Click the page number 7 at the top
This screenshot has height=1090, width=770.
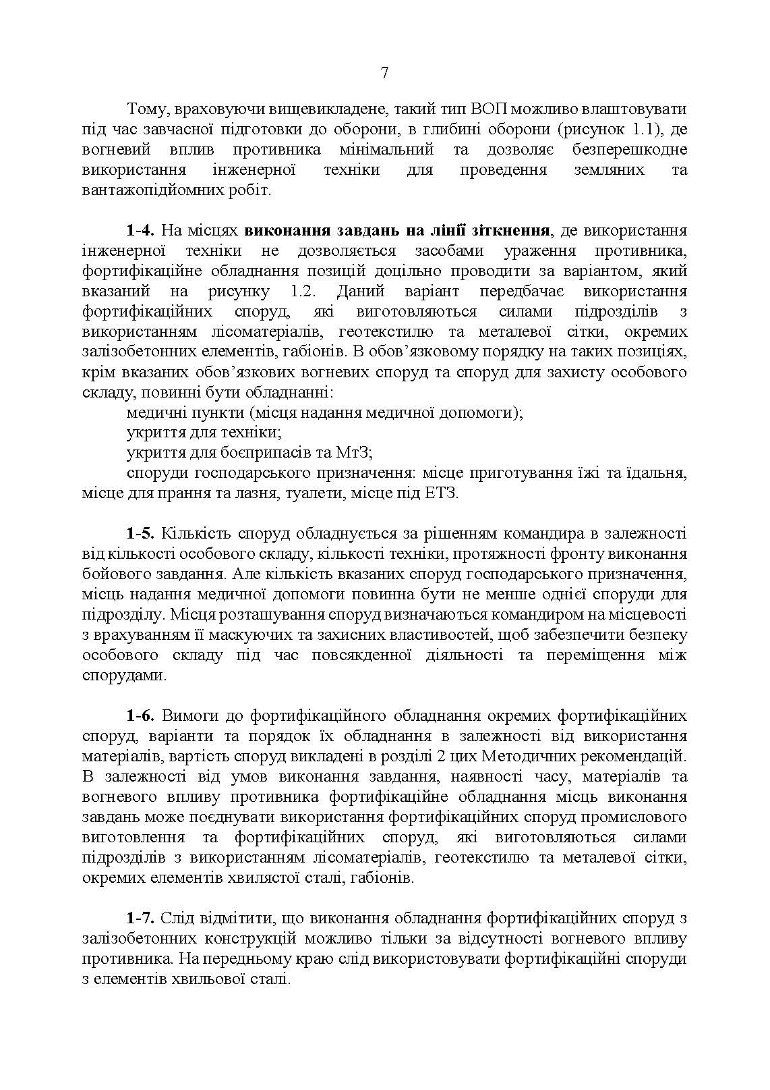[x=384, y=73]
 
